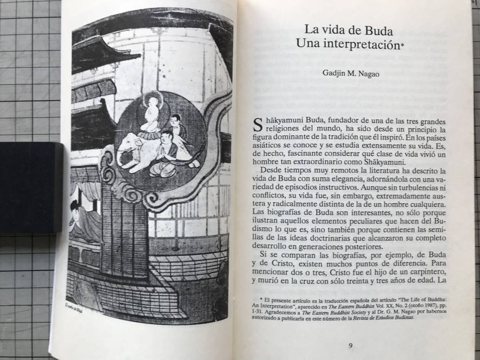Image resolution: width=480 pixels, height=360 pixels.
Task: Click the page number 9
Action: [350, 346]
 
